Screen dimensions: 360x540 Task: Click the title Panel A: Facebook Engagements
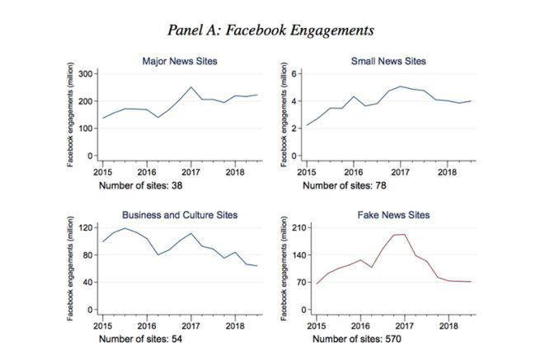coord(270,30)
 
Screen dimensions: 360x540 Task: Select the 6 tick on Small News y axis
coord(295,74)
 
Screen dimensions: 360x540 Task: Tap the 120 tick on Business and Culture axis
coord(86,227)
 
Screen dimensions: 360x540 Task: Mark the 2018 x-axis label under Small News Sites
coord(447,174)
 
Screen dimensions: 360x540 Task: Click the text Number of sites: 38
coord(142,185)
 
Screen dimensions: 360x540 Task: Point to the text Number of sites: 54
coord(142,339)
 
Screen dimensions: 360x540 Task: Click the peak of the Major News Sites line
coord(191,87)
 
